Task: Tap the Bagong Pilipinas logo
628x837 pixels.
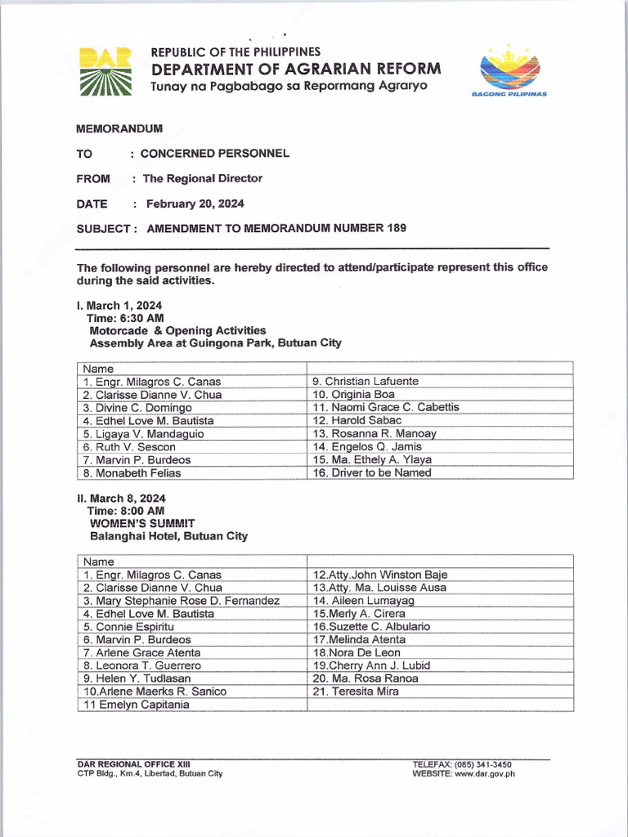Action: click(509, 71)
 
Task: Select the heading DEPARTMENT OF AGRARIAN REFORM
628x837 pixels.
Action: click(296, 69)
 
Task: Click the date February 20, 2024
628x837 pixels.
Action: click(195, 204)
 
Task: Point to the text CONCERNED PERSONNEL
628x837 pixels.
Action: click(214, 154)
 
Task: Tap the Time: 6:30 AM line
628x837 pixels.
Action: click(125, 318)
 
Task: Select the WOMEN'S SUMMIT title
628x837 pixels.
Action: click(142, 523)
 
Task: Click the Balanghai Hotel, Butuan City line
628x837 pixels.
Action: click(168, 536)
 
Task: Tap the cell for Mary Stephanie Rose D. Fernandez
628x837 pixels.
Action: click(181, 601)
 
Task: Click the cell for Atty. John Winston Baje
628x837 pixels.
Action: click(380, 575)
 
